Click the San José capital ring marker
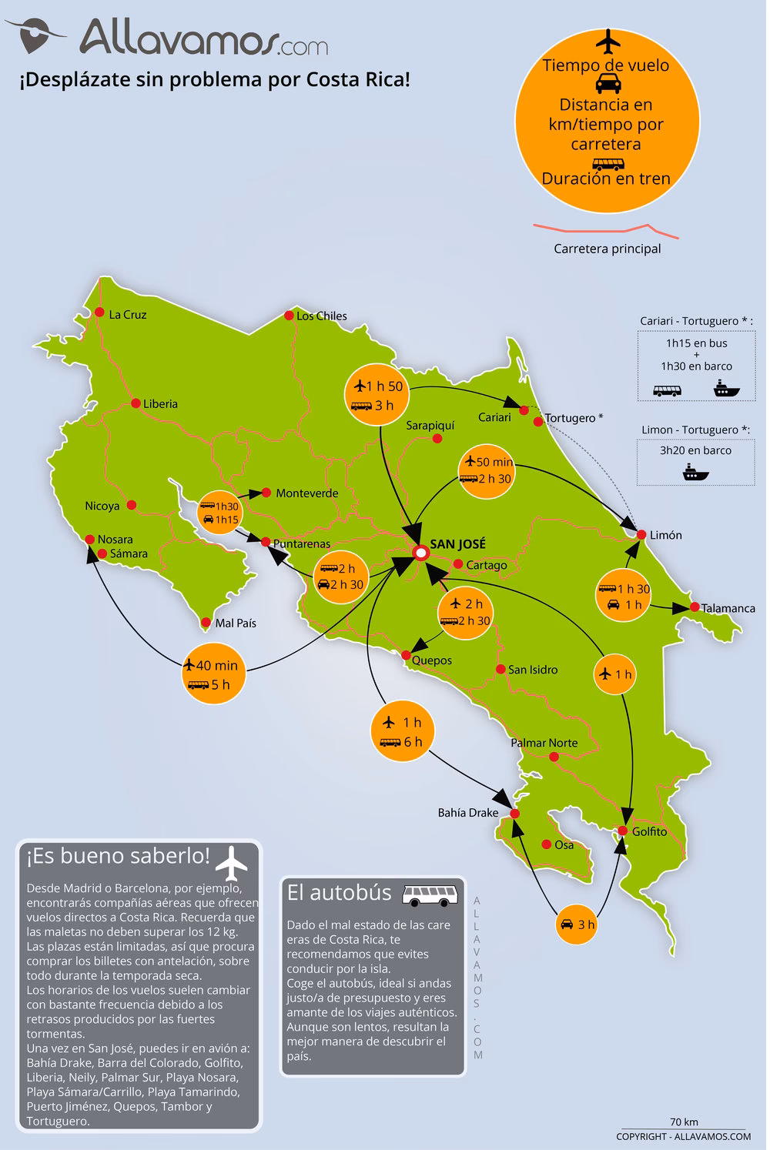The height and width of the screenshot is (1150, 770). [420, 553]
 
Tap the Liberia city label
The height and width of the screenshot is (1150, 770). [160, 403]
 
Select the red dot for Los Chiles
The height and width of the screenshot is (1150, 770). [289, 315]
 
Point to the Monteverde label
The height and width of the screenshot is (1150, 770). [306, 493]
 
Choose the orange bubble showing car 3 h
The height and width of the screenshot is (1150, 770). [577, 924]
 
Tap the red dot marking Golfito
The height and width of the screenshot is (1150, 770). [622, 830]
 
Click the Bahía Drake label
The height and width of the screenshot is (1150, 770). [467, 812]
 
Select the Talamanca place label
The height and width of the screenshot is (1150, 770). [728, 607]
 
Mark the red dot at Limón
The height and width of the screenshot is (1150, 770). [641, 534]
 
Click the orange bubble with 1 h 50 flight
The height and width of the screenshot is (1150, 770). [376, 395]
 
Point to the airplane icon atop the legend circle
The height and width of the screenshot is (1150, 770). [607, 40]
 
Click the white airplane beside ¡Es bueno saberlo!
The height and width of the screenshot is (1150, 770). [232, 862]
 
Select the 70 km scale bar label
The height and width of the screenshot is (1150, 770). [684, 1122]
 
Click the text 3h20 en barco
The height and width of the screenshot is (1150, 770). [695, 450]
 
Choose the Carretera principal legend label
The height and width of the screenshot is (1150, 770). [607, 249]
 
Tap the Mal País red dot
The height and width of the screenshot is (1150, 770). [206, 622]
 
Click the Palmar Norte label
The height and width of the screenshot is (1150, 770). [544, 743]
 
